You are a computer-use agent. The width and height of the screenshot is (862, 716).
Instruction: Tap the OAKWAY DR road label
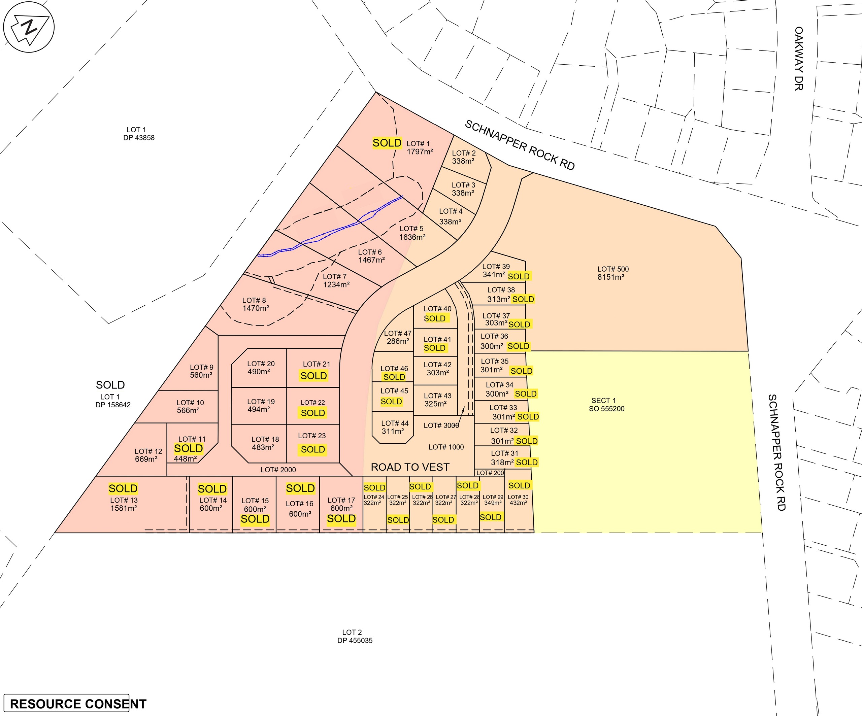pyautogui.click(x=798, y=58)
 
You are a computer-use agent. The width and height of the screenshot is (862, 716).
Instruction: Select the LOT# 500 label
pyautogui.click(x=613, y=269)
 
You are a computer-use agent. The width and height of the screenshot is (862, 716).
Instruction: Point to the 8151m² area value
pyautogui.click(x=611, y=277)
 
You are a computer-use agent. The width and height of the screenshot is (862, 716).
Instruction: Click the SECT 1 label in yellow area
pyautogui.click(x=603, y=401)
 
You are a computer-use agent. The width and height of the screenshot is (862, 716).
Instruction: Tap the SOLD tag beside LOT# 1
pyautogui.click(x=387, y=143)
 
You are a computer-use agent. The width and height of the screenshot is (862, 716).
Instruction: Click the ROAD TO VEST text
pyautogui.click(x=410, y=467)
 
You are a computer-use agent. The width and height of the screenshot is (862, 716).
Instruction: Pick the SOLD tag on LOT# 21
pyautogui.click(x=313, y=376)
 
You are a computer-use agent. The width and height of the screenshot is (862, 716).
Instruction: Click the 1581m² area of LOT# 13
pyautogui.click(x=123, y=508)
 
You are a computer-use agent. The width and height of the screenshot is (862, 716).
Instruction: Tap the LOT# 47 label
pyautogui.click(x=397, y=334)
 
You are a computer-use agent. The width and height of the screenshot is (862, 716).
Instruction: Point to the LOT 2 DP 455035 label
pyautogui.click(x=355, y=637)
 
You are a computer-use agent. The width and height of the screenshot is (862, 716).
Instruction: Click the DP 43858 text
pyautogui.click(x=139, y=138)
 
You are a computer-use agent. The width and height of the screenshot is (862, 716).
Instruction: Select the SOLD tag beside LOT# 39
pyautogui.click(x=519, y=277)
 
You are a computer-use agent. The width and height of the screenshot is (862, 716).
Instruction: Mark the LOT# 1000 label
pyautogui.click(x=446, y=447)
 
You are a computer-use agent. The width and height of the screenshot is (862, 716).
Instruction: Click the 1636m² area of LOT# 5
pyautogui.click(x=412, y=237)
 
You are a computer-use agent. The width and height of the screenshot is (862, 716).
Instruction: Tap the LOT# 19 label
pyautogui.click(x=261, y=402)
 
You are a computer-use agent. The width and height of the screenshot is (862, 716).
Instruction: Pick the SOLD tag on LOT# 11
pyautogui.click(x=189, y=448)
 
